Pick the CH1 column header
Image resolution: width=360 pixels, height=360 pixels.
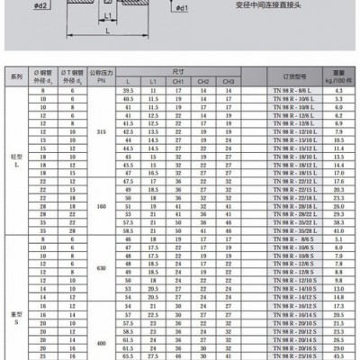(x=179, y=82)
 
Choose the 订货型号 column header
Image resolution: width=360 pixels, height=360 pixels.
(x=284, y=77)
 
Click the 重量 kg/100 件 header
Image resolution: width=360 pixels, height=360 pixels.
(x=339, y=77)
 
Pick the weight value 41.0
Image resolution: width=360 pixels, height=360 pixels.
(x=339, y=230)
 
